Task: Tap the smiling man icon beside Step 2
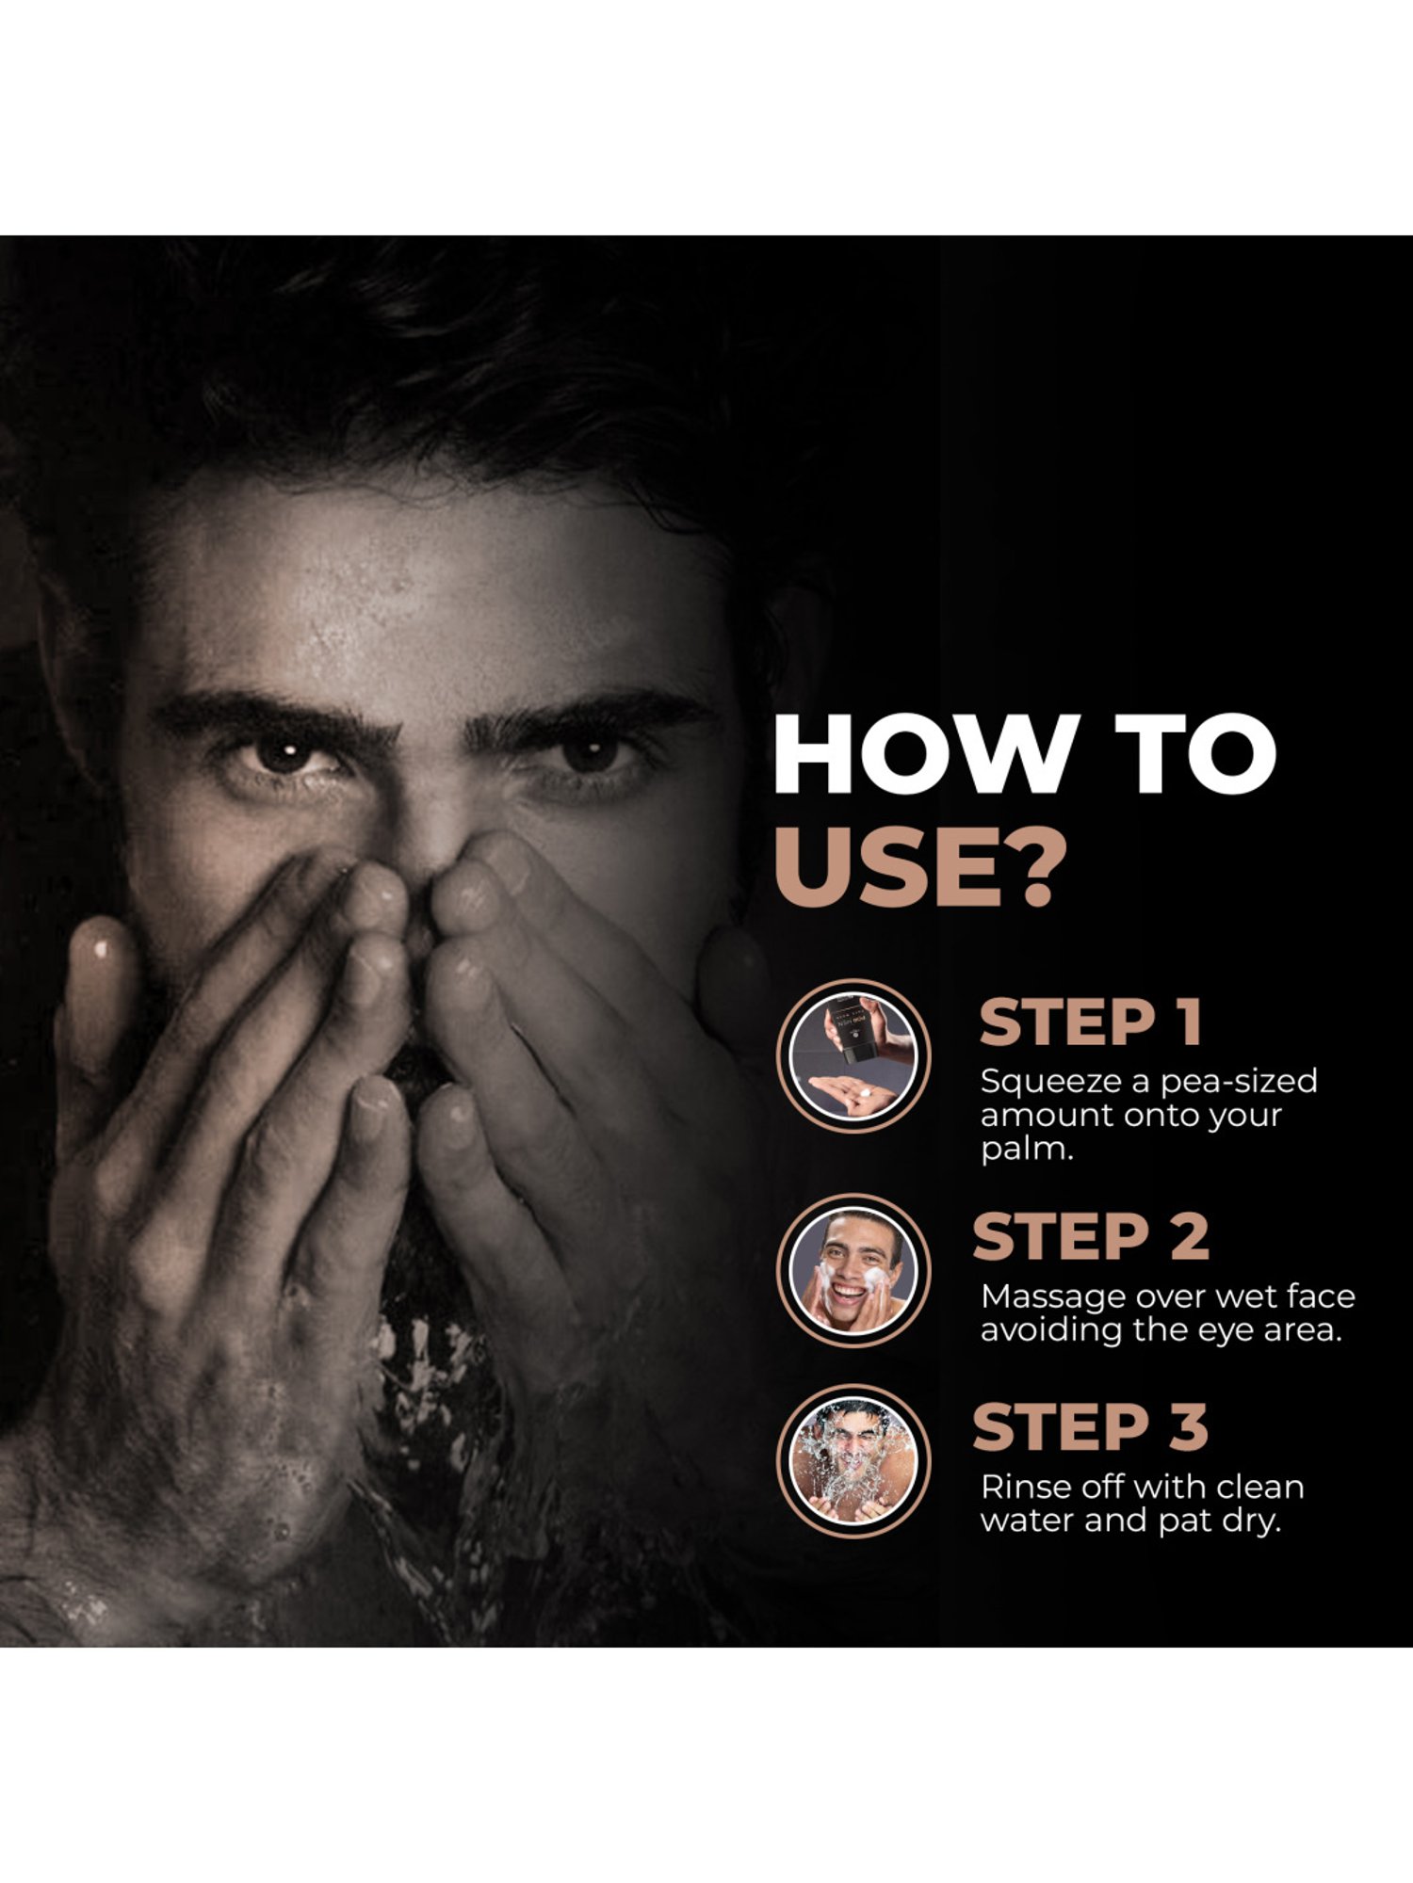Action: click(853, 1270)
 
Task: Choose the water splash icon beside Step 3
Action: click(853, 1460)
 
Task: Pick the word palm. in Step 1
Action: click(1027, 1151)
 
